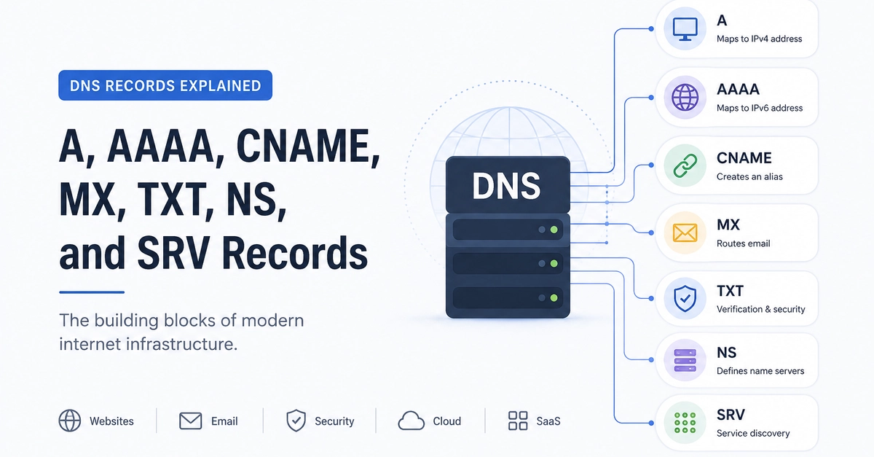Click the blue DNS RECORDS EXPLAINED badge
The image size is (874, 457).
(x=165, y=85)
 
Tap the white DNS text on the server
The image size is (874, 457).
(x=506, y=186)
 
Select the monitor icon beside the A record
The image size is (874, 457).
(x=685, y=29)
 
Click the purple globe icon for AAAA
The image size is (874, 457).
(x=685, y=97)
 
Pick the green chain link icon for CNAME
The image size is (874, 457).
(x=685, y=165)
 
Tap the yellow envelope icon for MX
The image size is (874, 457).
(x=685, y=233)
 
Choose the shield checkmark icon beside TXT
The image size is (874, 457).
(x=685, y=298)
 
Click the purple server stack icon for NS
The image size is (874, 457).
(x=685, y=360)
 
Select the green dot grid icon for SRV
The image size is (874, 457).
(x=685, y=423)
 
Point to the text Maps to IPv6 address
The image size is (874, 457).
(x=759, y=108)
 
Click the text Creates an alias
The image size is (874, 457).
(x=749, y=176)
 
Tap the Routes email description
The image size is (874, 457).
(x=744, y=243)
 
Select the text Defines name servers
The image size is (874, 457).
(x=760, y=371)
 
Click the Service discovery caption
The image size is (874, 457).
(x=753, y=433)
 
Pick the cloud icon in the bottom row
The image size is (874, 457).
(x=411, y=421)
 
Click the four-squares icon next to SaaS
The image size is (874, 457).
(x=518, y=421)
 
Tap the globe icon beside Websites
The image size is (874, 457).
(x=70, y=421)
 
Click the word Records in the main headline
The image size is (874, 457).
(x=294, y=253)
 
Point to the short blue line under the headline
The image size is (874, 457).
(x=92, y=292)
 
